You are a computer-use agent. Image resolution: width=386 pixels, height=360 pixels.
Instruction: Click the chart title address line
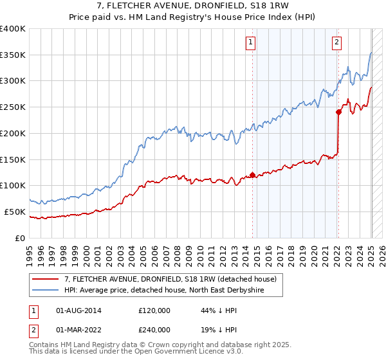point(193,6)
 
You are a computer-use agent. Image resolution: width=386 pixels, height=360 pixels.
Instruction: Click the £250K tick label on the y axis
point(13,107)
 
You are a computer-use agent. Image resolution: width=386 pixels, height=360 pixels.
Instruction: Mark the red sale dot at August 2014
point(252,174)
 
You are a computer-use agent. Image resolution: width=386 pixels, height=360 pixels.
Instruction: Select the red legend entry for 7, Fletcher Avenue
point(170,279)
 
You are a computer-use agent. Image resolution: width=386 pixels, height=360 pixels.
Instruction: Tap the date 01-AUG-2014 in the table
point(79,310)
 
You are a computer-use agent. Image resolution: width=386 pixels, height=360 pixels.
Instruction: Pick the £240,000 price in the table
point(154,330)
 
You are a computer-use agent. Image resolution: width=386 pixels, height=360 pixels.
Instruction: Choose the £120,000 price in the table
point(154,310)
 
